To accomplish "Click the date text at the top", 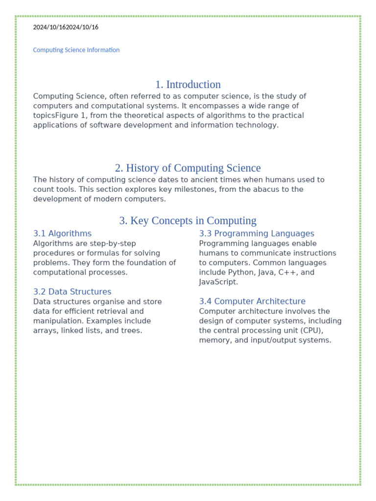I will coord(66,27).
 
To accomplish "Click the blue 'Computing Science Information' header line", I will coord(76,50).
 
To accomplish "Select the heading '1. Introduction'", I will coord(188,85).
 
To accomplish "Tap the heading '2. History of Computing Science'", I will coord(188,168).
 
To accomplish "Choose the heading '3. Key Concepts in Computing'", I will coord(188,221).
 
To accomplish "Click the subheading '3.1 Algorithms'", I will coord(62,234).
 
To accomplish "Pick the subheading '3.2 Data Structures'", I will coord(72,292).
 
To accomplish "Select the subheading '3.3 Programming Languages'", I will coord(257,234).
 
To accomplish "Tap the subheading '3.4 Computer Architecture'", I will coord(252,301).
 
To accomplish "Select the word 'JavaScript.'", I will coord(219,282).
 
